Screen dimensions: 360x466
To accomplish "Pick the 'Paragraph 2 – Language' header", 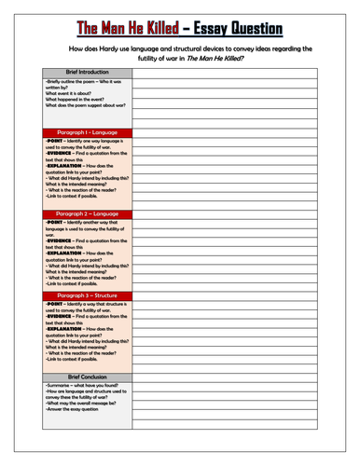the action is coord(79,213).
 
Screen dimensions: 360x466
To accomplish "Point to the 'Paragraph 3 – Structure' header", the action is coord(79,295).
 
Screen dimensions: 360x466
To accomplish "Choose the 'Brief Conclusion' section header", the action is coord(79,377).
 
